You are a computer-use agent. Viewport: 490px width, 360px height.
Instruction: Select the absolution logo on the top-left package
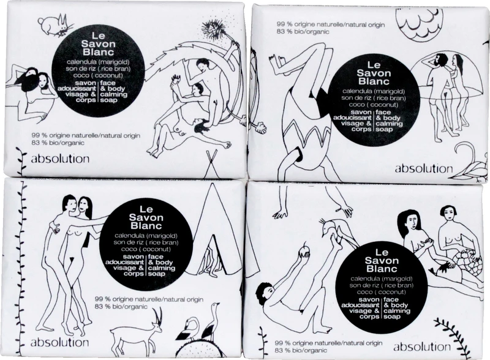coord(60,159)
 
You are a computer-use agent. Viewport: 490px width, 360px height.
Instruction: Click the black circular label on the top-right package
coord(374,96)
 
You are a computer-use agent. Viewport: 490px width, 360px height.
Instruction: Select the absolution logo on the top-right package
coord(423,169)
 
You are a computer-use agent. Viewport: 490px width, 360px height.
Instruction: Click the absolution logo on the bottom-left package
coord(59,342)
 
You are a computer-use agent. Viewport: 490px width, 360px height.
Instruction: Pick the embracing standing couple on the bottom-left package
coord(69,266)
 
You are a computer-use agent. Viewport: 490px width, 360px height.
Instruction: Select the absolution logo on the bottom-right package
coord(422,347)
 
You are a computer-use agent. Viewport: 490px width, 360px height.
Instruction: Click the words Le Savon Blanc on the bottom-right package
coord(381,260)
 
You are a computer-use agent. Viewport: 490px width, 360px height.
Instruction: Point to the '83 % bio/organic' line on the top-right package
coord(303,31)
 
